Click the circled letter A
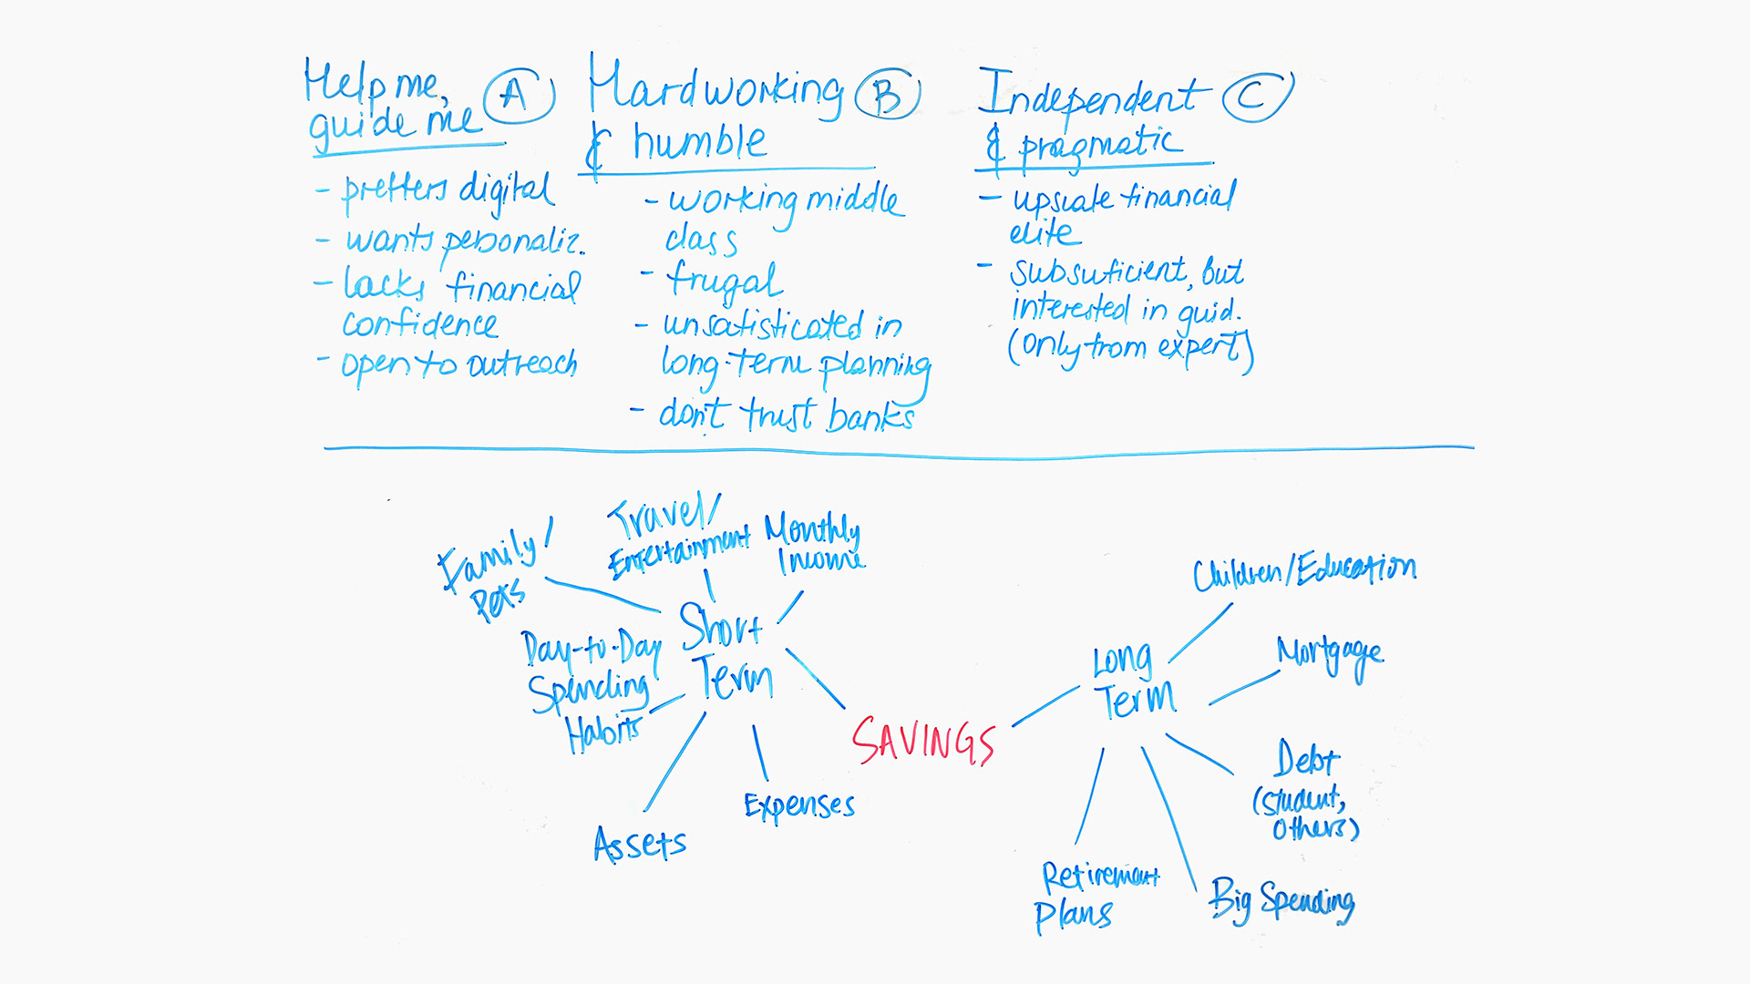518,96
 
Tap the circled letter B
888,95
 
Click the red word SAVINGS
923,740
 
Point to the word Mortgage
1330,655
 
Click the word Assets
640,844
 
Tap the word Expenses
799,805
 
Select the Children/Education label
1304,570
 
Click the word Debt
1307,759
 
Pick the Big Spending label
1282,900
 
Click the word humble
700,142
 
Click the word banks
870,416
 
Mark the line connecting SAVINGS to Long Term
1045,706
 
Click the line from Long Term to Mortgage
1244,688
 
